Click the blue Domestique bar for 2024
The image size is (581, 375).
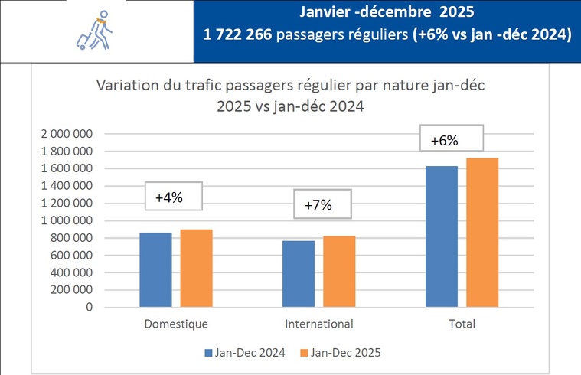coord(156,269)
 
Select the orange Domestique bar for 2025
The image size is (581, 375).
coord(197,268)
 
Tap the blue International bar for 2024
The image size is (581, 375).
coord(298,274)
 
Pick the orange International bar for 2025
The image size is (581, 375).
coord(339,272)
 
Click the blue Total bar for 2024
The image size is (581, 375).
coord(442,236)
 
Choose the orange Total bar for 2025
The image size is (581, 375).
coord(483,233)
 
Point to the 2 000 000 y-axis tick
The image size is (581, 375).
coord(65,133)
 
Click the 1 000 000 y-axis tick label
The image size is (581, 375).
coord(65,220)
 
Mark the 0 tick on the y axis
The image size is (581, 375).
coord(89,307)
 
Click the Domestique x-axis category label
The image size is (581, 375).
coord(175,324)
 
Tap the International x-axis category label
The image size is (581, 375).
coord(318,324)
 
